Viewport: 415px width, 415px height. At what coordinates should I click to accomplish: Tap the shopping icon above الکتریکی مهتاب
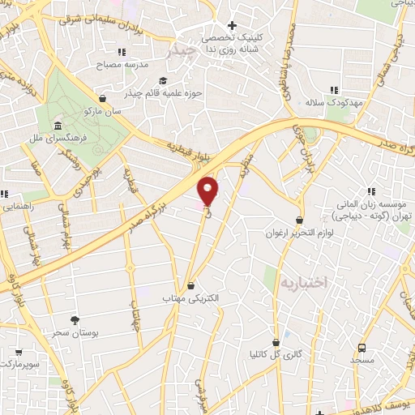click(190, 285)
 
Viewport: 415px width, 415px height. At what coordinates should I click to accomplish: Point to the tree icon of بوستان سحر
click(75, 320)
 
